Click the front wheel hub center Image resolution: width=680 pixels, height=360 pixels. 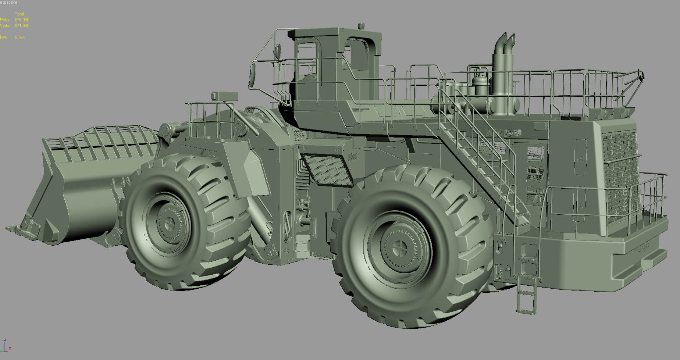pos(170,222)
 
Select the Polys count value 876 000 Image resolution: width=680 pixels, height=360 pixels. pos(22,20)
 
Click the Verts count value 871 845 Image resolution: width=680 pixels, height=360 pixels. pos(22,26)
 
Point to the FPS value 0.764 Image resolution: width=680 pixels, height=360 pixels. pos(20,38)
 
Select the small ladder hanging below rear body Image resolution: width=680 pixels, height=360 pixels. pos(526,294)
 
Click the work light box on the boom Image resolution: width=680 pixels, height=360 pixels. pos(224,96)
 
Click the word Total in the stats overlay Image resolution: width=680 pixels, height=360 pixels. pos(19,14)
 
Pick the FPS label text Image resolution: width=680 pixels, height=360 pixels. pos(4,38)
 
